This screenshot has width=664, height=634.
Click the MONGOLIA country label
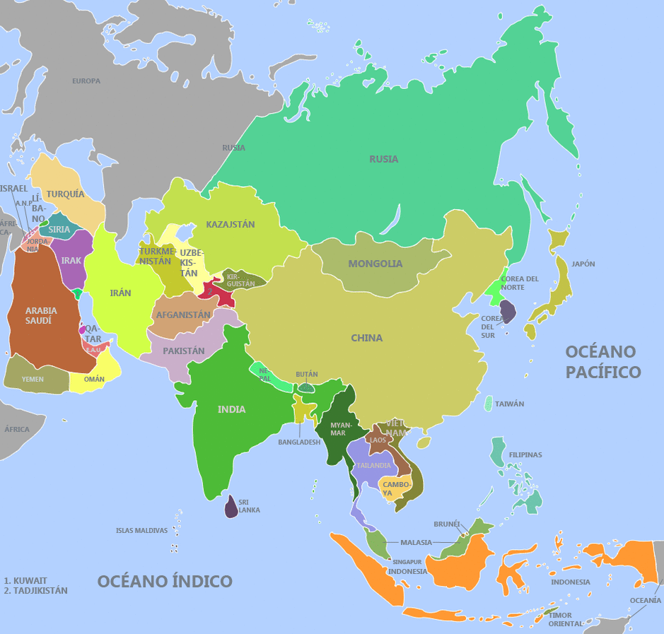click(375, 264)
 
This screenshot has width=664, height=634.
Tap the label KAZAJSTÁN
click(230, 224)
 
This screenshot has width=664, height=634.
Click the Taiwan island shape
click(489, 404)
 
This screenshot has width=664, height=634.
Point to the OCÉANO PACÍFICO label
click(602, 362)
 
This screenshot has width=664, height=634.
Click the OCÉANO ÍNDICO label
click(165, 581)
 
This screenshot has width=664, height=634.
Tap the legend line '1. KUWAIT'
click(25, 580)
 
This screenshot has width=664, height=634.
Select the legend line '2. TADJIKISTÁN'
click(35, 590)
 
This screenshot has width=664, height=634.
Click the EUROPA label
click(86, 81)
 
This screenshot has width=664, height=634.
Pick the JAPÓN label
click(583, 264)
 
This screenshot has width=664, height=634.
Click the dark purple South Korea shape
click(508, 311)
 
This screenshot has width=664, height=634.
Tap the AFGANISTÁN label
click(183, 315)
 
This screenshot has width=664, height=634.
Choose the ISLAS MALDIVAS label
click(141, 530)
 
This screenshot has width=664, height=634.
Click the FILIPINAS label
click(525, 454)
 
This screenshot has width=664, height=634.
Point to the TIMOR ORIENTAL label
click(565, 619)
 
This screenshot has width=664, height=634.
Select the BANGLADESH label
click(299, 442)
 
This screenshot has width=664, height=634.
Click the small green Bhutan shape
click(306, 387)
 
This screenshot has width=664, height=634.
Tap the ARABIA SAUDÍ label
click(41, 315)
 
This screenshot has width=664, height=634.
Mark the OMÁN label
click(94, 380)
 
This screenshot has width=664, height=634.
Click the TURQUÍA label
click(65, 194)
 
